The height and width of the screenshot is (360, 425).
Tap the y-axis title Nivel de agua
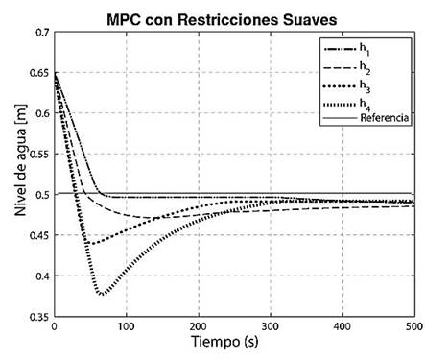click(16, 176)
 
